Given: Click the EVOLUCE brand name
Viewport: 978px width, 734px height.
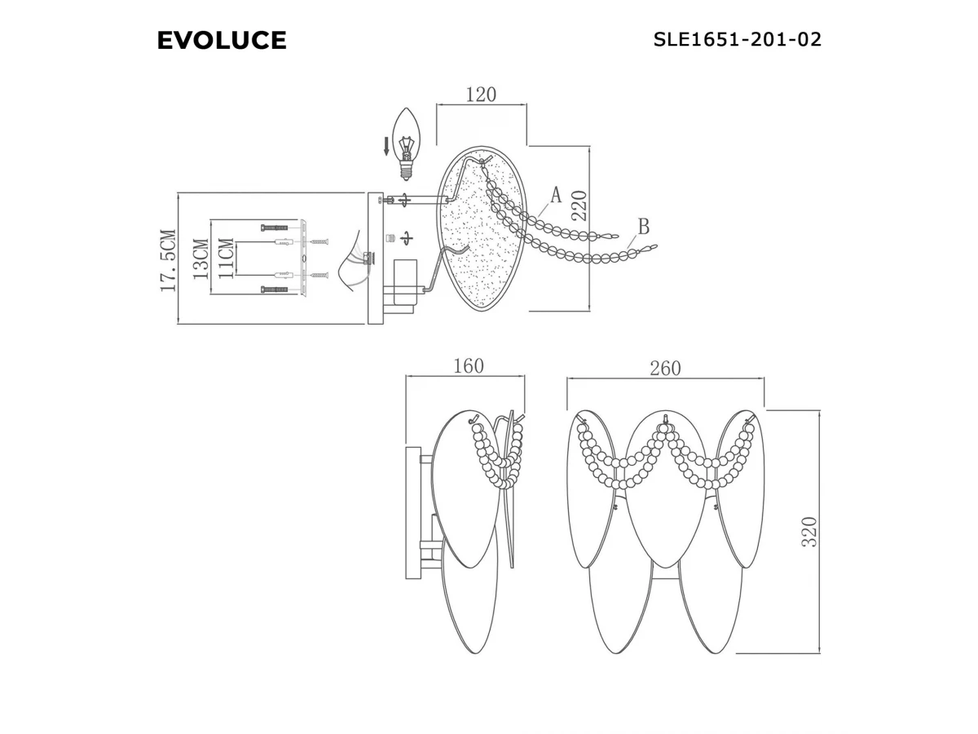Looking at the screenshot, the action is point(222,40).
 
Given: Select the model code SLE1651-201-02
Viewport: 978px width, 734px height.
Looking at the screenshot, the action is point(737,39).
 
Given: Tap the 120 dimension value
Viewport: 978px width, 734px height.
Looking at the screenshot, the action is point(481,95).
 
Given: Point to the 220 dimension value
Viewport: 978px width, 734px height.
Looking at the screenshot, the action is point(579,206).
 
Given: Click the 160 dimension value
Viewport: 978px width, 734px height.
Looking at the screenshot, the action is point(469,366).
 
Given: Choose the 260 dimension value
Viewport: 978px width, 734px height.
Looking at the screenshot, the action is point(665,368).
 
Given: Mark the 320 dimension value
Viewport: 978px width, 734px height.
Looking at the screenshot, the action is point(809,532).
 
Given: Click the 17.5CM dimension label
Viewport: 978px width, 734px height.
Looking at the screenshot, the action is point(169,261).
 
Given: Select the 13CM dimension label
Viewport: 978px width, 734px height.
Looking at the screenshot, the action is point(200,259).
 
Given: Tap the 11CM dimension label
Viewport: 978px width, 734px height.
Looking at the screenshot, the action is point(226,259).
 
